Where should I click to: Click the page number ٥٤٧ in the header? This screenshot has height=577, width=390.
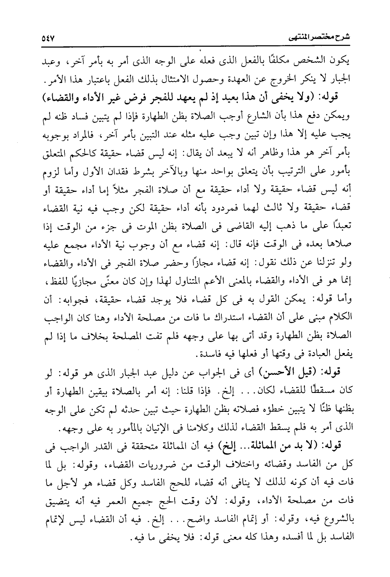click(50, 38)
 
